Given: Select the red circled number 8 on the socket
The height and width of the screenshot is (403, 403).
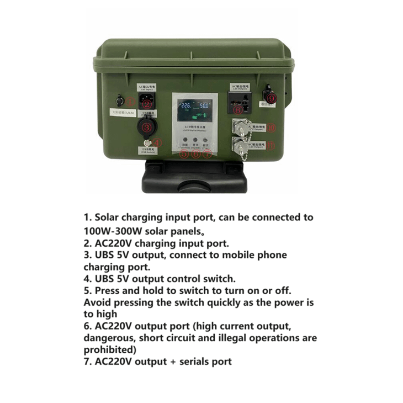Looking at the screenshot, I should coord(237,110).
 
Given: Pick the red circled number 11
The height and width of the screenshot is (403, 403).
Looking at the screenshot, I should coord(271,146).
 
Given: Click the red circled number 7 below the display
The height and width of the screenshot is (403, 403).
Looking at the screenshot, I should coord(206,154).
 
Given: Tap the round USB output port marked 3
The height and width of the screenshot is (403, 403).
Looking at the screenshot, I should coord(146,126).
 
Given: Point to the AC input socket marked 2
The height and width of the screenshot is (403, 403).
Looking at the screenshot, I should coord(146,101).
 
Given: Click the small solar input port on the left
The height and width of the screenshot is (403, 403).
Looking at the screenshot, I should coord(119,101).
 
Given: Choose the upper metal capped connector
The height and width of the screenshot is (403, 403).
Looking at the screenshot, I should coord(241,128).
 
